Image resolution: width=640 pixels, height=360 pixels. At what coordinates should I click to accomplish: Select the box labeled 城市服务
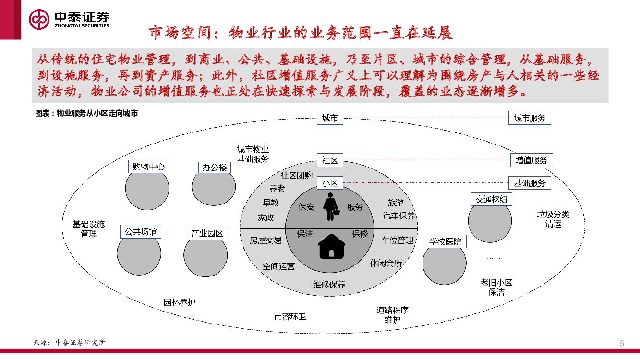[530, 118]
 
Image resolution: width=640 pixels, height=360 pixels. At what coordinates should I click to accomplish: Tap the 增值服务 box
[531, 160]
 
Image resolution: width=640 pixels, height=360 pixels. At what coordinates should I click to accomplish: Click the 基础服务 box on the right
[530, 183]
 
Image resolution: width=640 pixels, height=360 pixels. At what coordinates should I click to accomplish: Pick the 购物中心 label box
[148, 167]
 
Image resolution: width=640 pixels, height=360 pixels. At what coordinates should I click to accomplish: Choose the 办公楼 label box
[214, 168]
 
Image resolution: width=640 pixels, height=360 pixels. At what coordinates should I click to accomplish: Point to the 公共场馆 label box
[140, 232]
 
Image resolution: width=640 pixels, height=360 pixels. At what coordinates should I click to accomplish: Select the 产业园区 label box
[207, 234]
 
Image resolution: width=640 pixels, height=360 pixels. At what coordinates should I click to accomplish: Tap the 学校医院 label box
[445, 241]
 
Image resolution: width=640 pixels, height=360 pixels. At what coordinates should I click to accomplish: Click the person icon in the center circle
[330, 207]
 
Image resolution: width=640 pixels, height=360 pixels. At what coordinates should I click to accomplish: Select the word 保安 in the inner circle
[306, 207]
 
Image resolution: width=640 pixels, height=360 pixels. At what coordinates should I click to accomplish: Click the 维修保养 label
[329, 284]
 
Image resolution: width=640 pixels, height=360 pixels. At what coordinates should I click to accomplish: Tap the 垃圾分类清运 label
[553, 219]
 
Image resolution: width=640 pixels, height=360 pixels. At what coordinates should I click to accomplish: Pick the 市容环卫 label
[290, 317]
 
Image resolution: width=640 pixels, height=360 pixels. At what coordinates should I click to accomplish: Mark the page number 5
[622, 343]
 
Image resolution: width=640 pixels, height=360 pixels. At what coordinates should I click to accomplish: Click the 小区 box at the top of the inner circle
[330, 183]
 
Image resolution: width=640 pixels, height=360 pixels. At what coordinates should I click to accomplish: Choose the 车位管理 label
[398, 240]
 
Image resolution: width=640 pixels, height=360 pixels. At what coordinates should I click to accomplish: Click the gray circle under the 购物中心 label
[147, 189]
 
